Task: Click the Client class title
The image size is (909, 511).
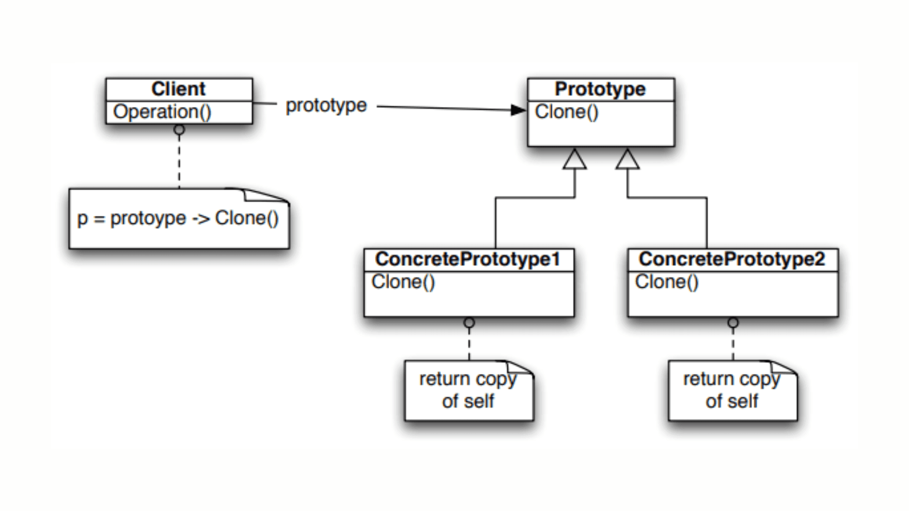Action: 178,89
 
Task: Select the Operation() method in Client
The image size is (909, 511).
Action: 162,112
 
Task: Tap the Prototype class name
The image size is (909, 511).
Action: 600,89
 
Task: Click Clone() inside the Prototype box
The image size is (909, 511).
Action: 567,112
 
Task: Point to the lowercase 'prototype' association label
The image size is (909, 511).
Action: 326,106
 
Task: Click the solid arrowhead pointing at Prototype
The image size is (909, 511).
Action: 519,110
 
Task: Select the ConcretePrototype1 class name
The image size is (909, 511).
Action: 467,259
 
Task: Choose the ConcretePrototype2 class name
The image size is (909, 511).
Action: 731,259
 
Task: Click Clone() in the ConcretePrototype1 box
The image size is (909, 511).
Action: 403,282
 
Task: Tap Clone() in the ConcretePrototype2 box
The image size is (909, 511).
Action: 667,282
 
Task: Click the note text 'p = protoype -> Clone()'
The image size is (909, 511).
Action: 178,219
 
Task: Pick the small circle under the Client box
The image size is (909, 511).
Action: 179,130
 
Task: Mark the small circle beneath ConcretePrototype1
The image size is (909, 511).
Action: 469,323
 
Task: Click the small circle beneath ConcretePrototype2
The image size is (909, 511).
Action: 733,323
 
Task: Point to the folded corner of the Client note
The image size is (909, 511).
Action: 265,195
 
